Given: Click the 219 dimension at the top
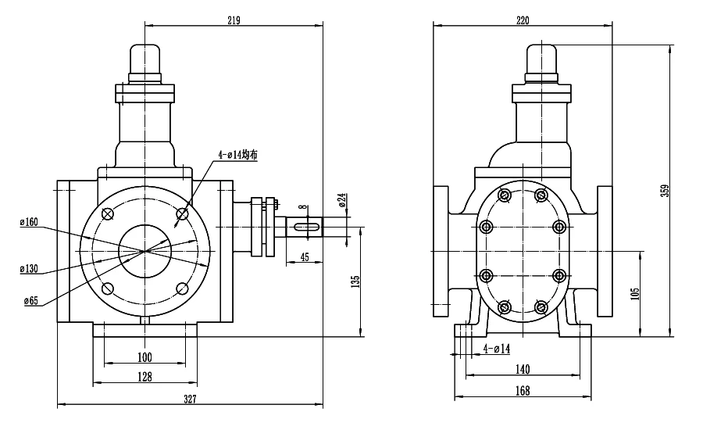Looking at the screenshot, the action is tap(234, 20).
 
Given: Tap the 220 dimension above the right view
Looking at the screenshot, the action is tap(523, 20).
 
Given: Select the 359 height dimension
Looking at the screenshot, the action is tap(666, 190).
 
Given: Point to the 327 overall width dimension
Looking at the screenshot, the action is tap(190, 399).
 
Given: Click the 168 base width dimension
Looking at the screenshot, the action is tap(523, 391).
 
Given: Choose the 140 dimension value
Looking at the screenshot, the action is tap(523, 369).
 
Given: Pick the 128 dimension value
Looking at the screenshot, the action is tap(145, 377).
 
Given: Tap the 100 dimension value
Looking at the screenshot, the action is tap(145, 357).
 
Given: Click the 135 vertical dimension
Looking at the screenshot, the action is tap(355, 281).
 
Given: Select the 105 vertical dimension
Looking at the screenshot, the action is tap(635, 294).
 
